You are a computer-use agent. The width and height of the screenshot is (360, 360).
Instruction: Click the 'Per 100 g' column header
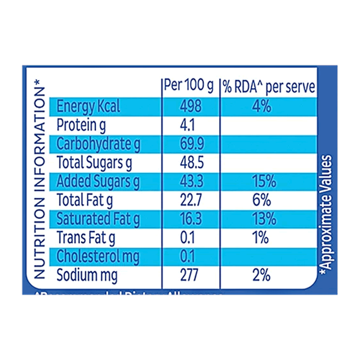(x=188, y=86)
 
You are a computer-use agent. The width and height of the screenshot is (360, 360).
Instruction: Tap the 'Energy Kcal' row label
(x=88, y=107)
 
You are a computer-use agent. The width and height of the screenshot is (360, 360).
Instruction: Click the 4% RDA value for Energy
(x=262, y=107)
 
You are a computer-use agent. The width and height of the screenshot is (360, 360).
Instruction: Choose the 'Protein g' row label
(x=81, y=125)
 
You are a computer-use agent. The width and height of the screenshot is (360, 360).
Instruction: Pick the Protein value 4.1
(x=188, y=125)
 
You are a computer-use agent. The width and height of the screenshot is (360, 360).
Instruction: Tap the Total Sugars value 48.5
(x=190, y=163)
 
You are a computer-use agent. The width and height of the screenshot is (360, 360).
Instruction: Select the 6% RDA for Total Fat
(x=262, y=200)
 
